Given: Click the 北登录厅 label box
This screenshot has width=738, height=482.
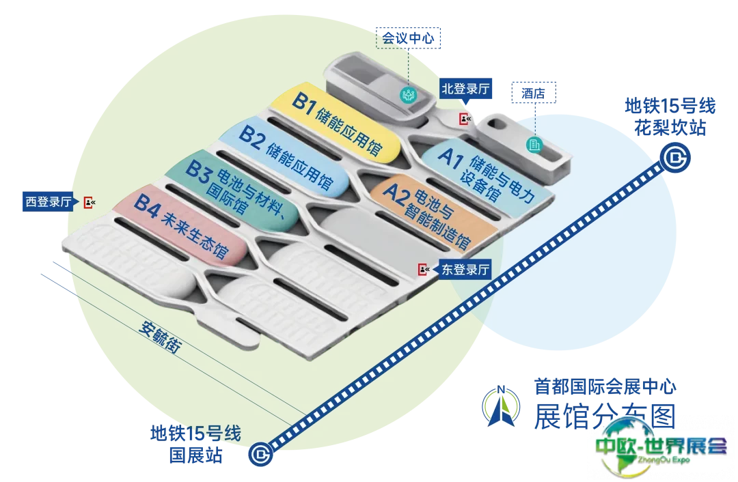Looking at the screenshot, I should pyautogui.click(x=469, y=89).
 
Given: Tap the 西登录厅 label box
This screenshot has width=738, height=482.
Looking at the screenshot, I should pyautogui.click(x=48, y=201).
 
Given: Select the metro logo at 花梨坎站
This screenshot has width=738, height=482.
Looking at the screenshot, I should pyautogui.click(x=674, y=159).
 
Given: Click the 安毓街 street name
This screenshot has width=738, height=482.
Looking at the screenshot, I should pyautogui.click(x=159, y=337).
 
